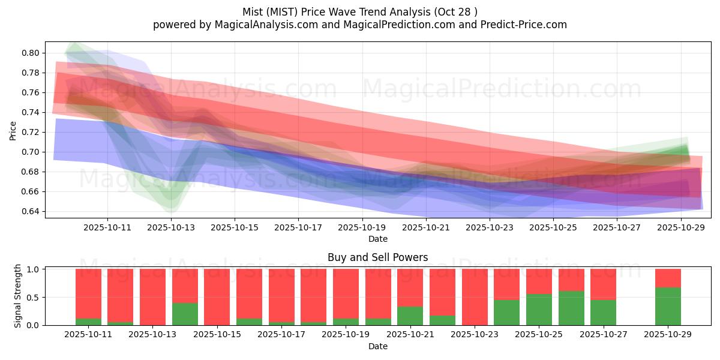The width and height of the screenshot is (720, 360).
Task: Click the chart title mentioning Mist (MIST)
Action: pyautogui.click(x=360, y=12)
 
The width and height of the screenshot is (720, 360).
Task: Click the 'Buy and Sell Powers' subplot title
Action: pyautogui.click(x=378, y=257)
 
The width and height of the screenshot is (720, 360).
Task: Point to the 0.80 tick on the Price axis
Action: pyautogui.click(x=31, y=53)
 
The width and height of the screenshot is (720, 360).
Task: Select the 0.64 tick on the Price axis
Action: pyautogui.click(x=31, y=211)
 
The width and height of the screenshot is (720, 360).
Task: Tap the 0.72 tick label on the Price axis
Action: pyautogui.click(x=31, y=132)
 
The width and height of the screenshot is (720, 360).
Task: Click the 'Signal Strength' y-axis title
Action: pyautogui.click(x=18, y=296)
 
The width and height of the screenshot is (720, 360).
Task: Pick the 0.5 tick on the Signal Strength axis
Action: pyautogui.click(x=34, y=297)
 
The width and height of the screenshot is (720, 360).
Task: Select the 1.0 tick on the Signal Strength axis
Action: pyautogui.click(x=34, y=269)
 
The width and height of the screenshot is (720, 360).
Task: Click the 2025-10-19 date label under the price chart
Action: pyautogui.click(x=362, y=227)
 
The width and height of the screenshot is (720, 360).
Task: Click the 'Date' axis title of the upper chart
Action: pyautogui.click(x=378, y=239)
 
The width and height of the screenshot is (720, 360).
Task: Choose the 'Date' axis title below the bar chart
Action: pyautogui.click(x=378, y=346)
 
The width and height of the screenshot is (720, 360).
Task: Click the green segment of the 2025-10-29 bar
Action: pyautogui.click(x=668, y=307)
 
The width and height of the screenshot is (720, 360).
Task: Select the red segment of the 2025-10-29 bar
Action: pyautogui.click(x=668, y=278)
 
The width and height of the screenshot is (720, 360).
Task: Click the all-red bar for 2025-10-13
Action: pyautogui.click(x=152, y=297)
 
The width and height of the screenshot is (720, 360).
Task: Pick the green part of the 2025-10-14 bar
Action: pyautogui.click(x=185, y=314)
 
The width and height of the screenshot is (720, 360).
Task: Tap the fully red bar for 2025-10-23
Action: pyautogui.click(x=475, y=297)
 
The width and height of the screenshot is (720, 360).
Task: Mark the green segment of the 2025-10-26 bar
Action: pyautogui.click(x=571, y=308)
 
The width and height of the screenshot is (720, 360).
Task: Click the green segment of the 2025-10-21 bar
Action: pyautogui.click(x=410, y=316)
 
